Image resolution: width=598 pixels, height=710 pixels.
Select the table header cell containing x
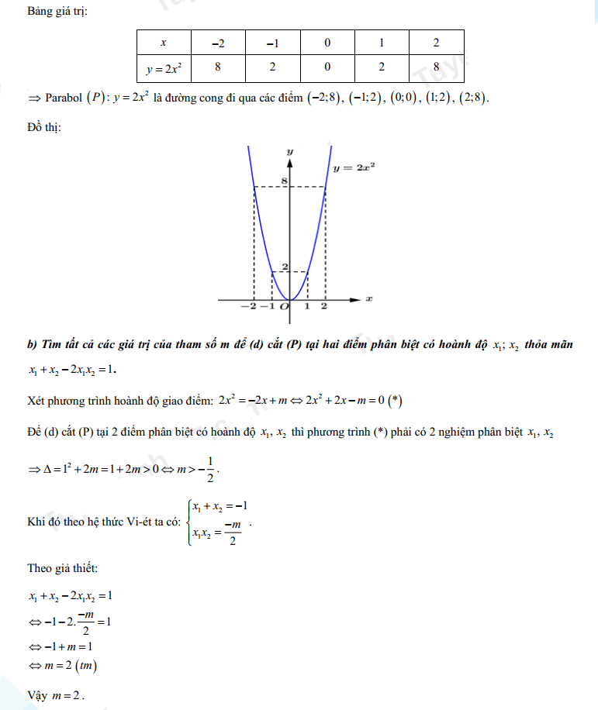point(163,43)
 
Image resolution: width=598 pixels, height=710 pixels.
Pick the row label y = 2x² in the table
point(163,68)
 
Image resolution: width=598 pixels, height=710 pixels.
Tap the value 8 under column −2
point(218,67)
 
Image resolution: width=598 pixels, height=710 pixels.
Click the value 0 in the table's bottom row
point(327,67)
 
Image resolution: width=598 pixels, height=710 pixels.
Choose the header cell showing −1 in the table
point(272,43)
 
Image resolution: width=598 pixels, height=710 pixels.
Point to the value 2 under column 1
point(382,67)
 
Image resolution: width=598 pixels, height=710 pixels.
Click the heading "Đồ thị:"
point(45,127)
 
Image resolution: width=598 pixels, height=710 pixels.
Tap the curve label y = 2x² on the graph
point(354,167)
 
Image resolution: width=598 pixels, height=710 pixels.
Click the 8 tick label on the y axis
point(284,181)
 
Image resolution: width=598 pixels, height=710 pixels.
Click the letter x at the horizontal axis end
point(369,298)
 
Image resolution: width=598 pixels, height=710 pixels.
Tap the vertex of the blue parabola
point(289,299)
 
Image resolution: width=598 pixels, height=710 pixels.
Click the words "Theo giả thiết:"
point(63,569)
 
